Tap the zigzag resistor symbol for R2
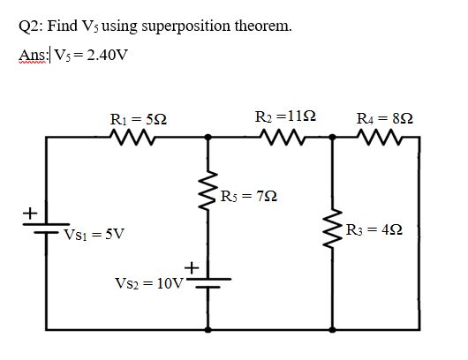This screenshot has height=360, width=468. point(283,137)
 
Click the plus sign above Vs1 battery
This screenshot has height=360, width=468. point(27,213)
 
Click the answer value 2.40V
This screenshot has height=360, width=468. point(106,55)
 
